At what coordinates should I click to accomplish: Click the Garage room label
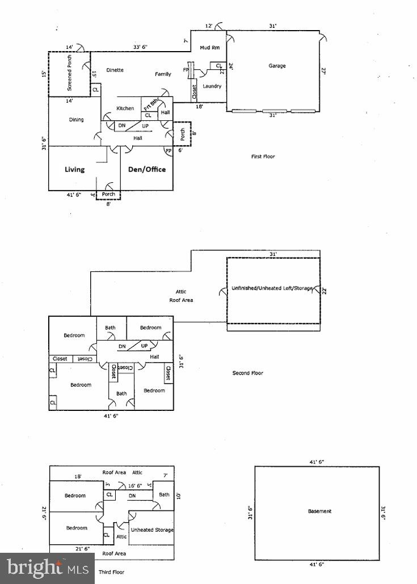click(277, 66)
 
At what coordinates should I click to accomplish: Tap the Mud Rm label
click(211, 48)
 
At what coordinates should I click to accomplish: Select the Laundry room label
click(212, 86)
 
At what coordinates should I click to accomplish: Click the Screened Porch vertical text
click(70, 74)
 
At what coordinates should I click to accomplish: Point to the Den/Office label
click(147, 169)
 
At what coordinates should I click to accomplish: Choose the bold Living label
click(74, 169)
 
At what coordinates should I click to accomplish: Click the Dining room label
click(76, 120)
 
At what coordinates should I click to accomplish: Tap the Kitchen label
click(125, 108)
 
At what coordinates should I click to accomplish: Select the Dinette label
click(114, 70)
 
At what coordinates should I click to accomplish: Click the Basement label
click(319, 511)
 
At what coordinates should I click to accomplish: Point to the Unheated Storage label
click(152, 530)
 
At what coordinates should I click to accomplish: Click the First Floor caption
click(263, 157)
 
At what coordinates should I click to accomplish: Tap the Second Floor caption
click(247, 373)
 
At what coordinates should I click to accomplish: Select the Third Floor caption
click(111, 572)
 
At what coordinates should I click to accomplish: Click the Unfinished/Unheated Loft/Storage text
click(272, 288)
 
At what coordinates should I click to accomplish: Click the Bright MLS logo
click(47, 568)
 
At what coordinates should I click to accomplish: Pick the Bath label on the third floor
click(164, 494)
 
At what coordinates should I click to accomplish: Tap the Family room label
click(163, 74)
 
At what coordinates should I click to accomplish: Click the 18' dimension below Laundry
click(200, 106)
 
